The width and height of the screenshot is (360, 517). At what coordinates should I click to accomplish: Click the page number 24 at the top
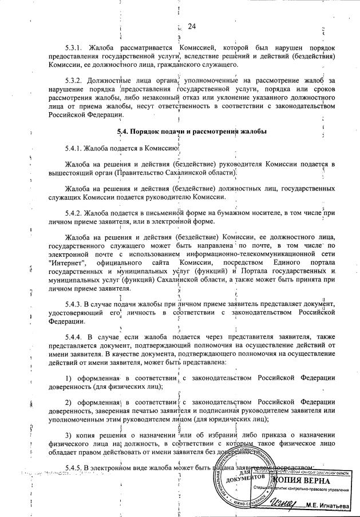(x=192, y=26)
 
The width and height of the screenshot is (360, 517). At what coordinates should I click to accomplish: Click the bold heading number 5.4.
(x=121, y=132)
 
